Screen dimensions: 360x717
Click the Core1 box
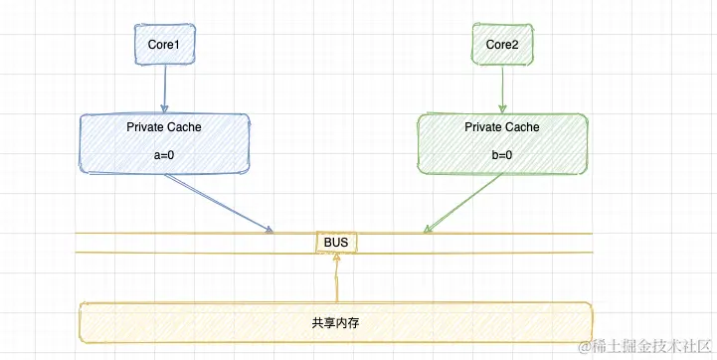click(x=163, y=46)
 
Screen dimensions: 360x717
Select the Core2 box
click(x=502, y=46)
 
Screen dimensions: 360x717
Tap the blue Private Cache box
click(x=164, y=142)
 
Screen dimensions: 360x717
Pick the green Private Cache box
click(x=502, y=142)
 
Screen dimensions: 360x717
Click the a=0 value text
click(x=164, y=156)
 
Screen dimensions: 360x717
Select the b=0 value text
click(x=502, y=156)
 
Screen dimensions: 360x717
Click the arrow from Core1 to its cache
click(x=164, y=90)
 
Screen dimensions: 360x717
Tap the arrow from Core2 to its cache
click(x=502, y=90)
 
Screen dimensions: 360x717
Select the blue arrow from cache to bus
click(x=219, y=203)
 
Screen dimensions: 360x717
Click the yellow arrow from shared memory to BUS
click(x=337, y=278)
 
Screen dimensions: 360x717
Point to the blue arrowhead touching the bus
click(x=269, y=231)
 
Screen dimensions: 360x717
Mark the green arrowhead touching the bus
click(x=428, y=231)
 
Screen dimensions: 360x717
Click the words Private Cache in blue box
click(x=164, y=127)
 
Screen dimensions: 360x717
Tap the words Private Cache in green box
click(x=502, y=127)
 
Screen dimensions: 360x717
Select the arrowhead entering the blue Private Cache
click(x=164, y=108)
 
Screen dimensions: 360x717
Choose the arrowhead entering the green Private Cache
click(x=503, y=108)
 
